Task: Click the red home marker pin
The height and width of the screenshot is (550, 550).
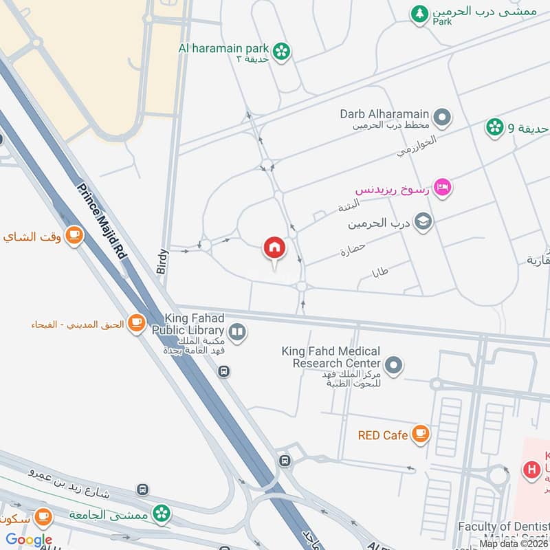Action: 274,248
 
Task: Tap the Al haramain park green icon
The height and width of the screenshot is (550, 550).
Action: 280,50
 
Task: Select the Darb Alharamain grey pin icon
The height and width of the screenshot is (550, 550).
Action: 443,118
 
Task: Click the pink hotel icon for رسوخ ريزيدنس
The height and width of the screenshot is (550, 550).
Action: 443,188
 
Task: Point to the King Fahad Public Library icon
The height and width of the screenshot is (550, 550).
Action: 237,333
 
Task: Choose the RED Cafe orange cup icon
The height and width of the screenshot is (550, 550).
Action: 421,434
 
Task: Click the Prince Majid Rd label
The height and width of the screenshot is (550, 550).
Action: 102,221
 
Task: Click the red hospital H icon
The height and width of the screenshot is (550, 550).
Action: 531,470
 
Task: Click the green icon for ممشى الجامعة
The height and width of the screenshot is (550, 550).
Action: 161,512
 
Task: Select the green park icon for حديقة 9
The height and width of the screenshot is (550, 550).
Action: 494,126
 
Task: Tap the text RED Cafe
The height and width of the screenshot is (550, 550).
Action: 383,435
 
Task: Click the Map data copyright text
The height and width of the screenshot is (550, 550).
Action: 514,544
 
